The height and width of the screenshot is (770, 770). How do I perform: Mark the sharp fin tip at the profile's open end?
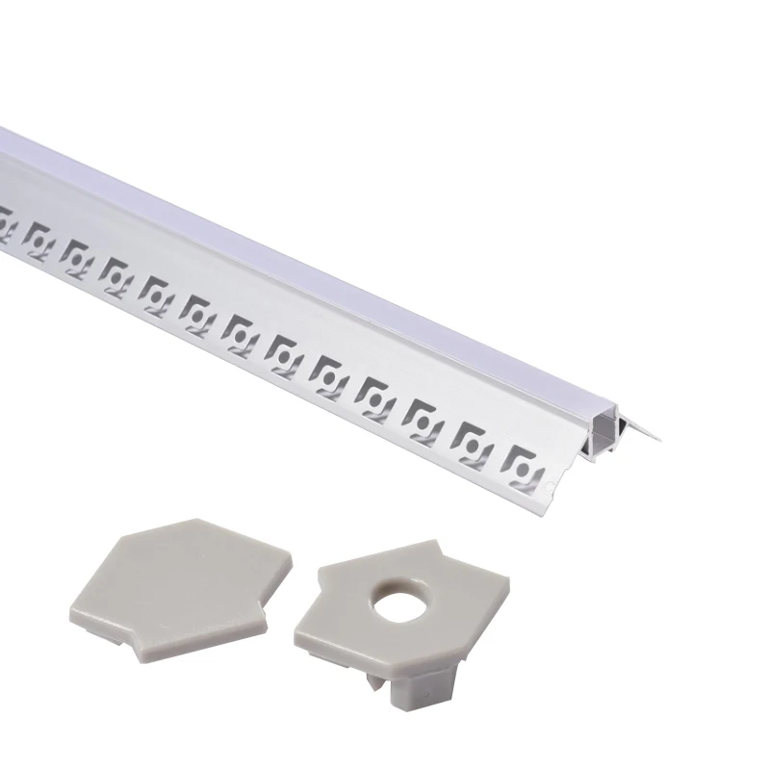coord(663,439)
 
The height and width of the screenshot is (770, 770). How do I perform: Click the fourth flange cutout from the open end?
coord(373,394)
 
